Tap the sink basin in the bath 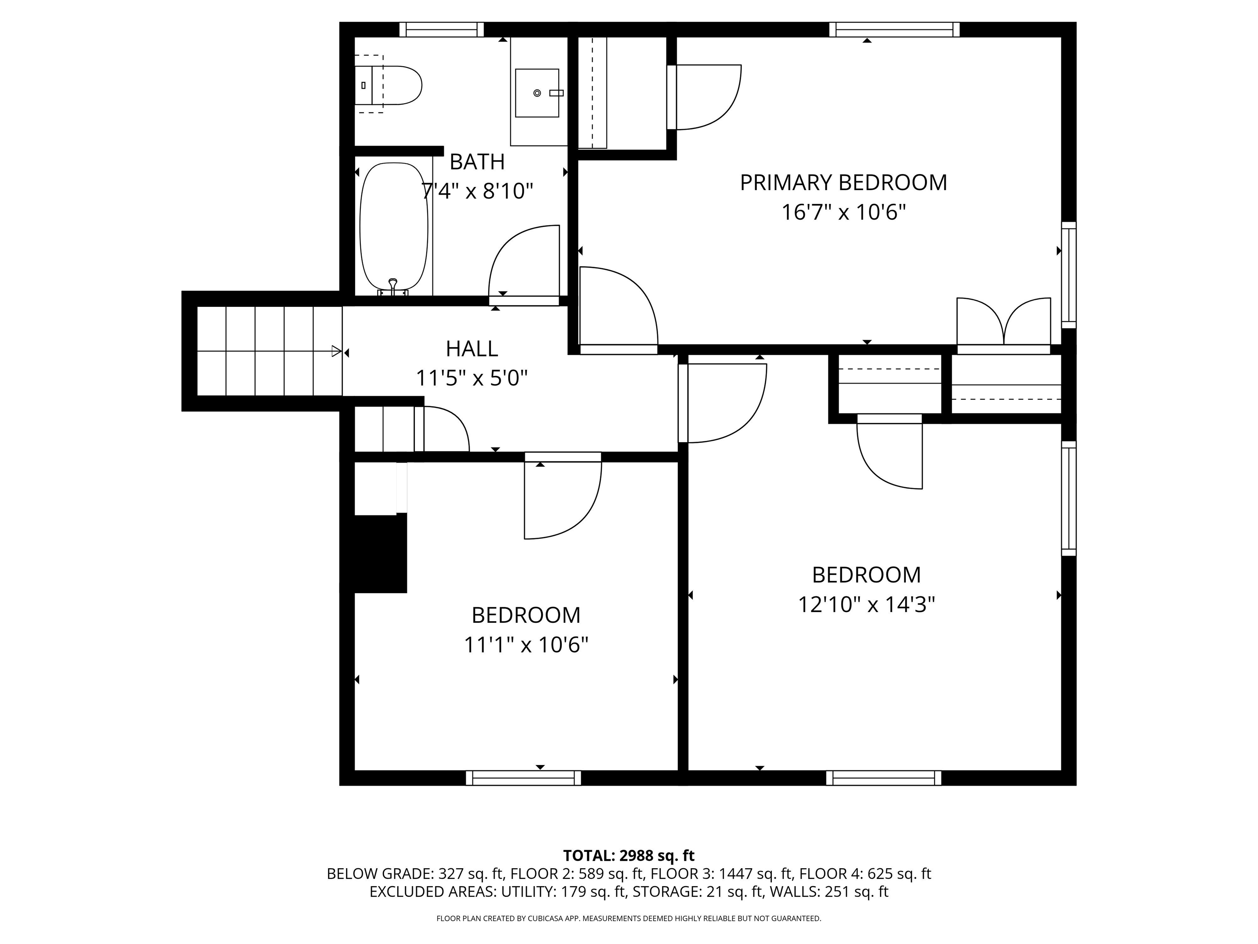pyautogui.click(x=536, y=93)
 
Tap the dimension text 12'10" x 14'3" pyautogui.click(x=866, y=604)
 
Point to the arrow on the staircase pyautogui.click(x=336, y=352)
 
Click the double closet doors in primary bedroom pyautogui.click(x=1003, y=322)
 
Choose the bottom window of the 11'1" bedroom pyautogui.click(x=523, y=778)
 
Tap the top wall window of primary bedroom pyautogui.click(x=894, y=29)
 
